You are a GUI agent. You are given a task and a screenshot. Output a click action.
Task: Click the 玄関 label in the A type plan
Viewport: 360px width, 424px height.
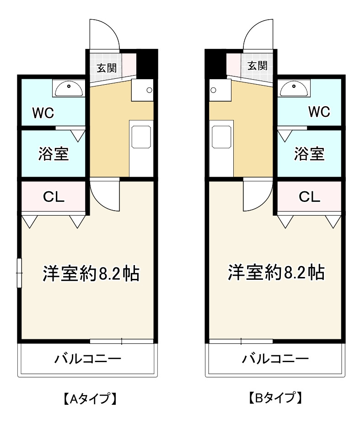(x=106, y=67)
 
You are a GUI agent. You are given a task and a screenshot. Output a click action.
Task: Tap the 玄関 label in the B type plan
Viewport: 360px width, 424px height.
(x=258, y=65)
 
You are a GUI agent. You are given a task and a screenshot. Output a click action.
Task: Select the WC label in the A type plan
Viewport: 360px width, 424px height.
(x=43, y=112)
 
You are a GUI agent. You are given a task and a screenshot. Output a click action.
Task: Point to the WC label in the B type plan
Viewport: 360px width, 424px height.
(x=319, y=112)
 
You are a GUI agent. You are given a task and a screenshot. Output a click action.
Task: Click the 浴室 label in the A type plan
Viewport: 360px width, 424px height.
(x=54, y=154)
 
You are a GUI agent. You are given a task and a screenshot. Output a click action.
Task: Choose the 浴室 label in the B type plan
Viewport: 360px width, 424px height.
(x=309, y=154)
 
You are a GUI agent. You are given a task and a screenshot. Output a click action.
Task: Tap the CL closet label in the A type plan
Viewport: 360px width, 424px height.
(x=54, y=197)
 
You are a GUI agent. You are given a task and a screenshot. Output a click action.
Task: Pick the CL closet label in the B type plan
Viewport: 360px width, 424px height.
(x=310, y=197)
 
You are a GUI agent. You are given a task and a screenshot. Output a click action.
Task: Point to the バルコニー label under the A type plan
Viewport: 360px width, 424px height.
(x=88, y=359)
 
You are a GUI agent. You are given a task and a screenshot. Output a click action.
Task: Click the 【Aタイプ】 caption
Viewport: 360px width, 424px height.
(x=88, y=398)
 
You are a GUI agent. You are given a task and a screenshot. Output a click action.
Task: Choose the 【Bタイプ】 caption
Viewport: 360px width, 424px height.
(x=275, y=397)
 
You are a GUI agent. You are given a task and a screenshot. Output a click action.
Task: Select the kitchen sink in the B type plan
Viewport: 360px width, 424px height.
(x=222, y=137)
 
